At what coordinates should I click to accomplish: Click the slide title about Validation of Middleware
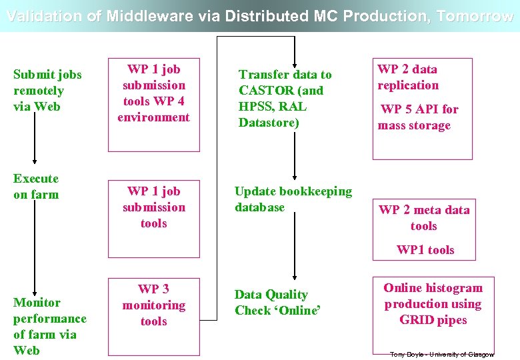pyautogui.click(x=260, y=17)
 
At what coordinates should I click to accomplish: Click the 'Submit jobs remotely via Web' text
pyautogui.click(x=47, y=91)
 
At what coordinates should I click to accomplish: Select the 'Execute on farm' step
pyautogui.click(x=36, y=187)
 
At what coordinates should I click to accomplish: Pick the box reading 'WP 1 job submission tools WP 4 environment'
pyautogui.click(x=153, y=93)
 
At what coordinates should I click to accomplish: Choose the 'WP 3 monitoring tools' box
pyautogui.click(x=153, y=305)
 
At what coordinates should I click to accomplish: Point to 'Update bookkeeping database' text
pyautogui.click(x=293, y=199)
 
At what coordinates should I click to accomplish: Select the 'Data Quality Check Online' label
pyautogui.click(x=277, y=303)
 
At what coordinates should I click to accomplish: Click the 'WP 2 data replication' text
pyautogui.click(x=408, y=77)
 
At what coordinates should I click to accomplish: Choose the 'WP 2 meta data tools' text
pyautogui.click(x=424, y=218)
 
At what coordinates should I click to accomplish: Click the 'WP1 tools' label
pyautogui.click(x=425, y=250)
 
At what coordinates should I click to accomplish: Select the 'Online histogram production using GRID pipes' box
pyautogui.click(x=433, y=304)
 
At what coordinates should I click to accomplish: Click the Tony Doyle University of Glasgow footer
pyautogui.click(x=441, y=354)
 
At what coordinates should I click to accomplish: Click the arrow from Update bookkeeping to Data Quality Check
pyautogui.click(x=294, y=250)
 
